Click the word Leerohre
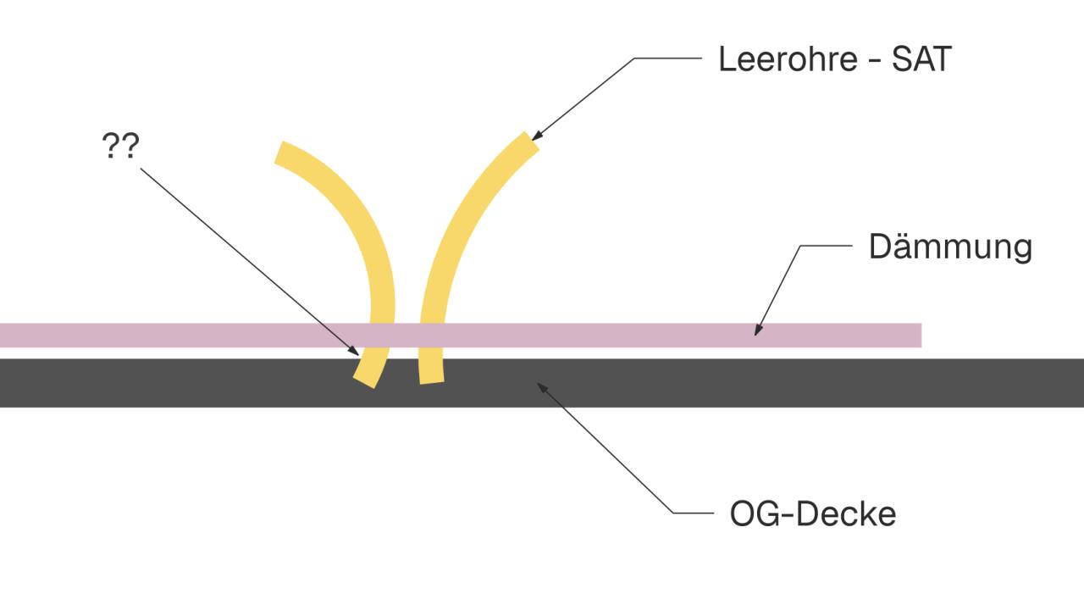pos(788,59)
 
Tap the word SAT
pos(922,59)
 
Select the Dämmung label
pos(950,247)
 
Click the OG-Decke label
pos(813,514)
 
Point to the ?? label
pos(120,145)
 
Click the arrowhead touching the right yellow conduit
pos(536,136)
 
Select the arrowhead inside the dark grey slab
pos(542,387)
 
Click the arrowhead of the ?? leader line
pos(354,351)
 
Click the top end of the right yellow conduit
pos(532,141)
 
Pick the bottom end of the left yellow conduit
pos(364,382)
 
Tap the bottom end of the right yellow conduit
pos(432,383)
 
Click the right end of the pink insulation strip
pos(921,335)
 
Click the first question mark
pos(111,145)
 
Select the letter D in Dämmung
pos(879,247)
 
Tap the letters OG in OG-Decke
pos(755,514)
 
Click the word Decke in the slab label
pos(846,514)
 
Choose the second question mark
pos(130,145)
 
